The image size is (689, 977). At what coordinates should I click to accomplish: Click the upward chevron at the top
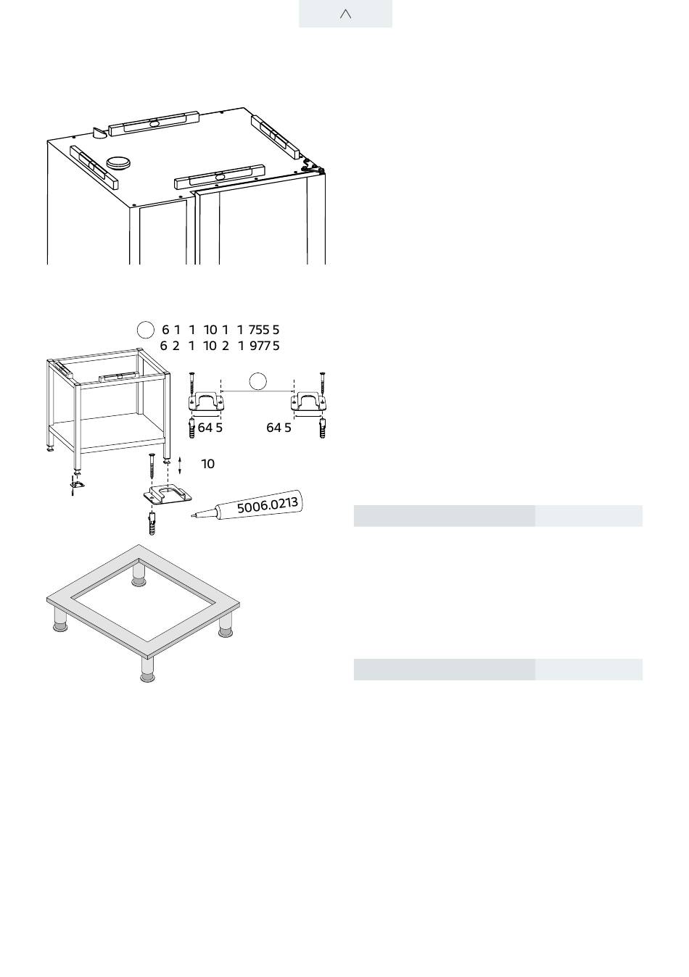click(345, 14)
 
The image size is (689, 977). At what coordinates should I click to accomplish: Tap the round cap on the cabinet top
click(117, 162)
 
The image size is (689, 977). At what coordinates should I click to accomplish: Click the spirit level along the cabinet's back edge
click(154, 123)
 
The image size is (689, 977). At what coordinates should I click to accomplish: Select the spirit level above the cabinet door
click(220, 176)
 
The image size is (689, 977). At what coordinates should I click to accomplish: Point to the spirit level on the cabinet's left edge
click(94, 167)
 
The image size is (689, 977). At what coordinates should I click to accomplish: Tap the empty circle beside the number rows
click(145, 330)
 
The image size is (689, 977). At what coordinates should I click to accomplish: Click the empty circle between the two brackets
click(257, 381)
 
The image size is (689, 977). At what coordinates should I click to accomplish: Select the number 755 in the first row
click(259, 330)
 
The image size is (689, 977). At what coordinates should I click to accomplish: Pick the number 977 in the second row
click(260, 346)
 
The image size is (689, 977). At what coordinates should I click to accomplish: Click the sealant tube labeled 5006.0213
click(247, 505)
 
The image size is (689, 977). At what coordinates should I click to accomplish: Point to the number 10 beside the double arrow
click(207, 464)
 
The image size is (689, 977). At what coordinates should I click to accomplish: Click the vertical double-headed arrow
click(180, 466)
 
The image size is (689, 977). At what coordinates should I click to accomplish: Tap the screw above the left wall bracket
click(192, 383)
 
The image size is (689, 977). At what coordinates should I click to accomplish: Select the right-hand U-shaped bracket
click(308, 402)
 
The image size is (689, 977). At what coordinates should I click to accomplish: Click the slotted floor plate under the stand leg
click(168, 494)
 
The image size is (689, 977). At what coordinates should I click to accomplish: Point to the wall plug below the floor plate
click(152, 523)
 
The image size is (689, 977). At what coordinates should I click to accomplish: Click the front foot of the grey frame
click(148, 670)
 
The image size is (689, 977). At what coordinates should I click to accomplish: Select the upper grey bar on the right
click(589, 516)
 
